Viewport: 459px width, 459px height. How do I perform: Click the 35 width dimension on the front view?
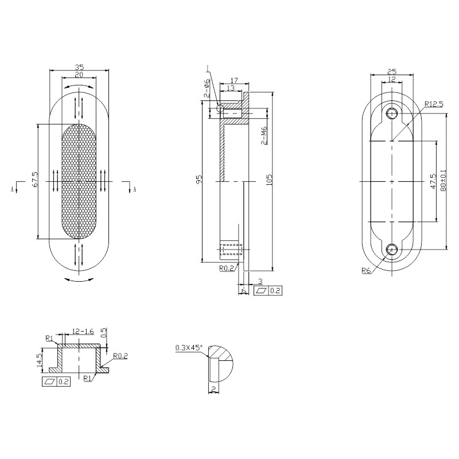(79, 67)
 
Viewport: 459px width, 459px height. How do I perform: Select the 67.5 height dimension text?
(35, 181)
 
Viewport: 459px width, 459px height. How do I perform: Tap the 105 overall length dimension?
(269, 180)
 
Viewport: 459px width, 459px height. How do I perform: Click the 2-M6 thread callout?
(263, 135)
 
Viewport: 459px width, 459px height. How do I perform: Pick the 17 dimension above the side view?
(234, 80)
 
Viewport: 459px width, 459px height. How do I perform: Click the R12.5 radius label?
(434, 104)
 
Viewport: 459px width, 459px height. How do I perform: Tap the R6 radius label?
(365, 271)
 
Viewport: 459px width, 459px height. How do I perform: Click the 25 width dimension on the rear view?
(392, 71)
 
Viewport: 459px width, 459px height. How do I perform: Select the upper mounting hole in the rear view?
(392, 112)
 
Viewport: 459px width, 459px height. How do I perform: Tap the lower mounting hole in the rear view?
(392, 249)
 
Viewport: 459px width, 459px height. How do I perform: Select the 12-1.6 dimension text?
(83, 332)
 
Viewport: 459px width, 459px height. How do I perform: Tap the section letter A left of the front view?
(13, 188)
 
